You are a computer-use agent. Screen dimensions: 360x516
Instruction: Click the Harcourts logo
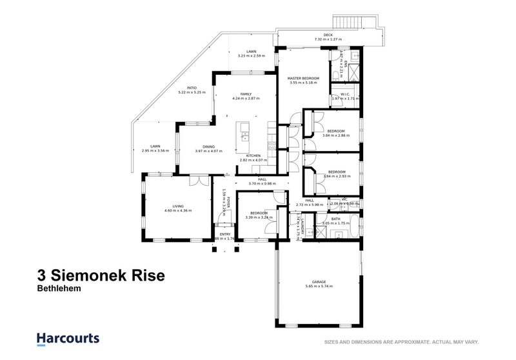click(x=67, y=338)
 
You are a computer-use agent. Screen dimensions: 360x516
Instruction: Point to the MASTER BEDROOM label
click(x=303, y=78)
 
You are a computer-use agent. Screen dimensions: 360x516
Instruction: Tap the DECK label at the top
click(x=328, y=35)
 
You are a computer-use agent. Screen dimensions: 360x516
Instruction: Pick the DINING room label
click(x=208, y=146)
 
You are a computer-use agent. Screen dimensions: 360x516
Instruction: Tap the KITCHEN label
click(x=253, y=155)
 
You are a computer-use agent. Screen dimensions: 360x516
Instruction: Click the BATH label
click(x=335, y=219)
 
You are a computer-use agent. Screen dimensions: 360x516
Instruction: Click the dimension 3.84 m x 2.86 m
click(x=335, y=135)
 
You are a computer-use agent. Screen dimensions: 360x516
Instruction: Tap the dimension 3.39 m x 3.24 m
click(x=259, y=217)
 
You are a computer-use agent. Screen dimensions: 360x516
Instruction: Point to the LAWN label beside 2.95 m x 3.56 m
click(x=155, y=146)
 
